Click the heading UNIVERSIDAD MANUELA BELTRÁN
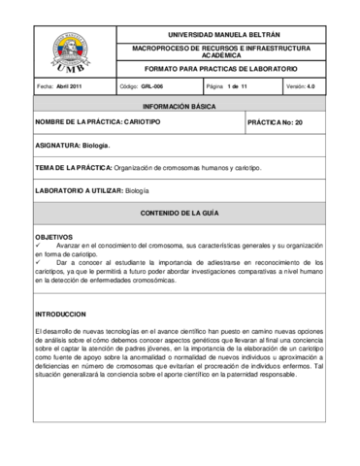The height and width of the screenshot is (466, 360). click(221, 33)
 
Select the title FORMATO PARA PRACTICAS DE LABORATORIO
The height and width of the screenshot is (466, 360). click(220, 70)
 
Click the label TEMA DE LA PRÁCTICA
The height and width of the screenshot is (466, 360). click(73, 168)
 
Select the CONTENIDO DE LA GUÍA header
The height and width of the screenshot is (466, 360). click(180, 212)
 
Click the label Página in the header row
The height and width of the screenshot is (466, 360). click(215, 86)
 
